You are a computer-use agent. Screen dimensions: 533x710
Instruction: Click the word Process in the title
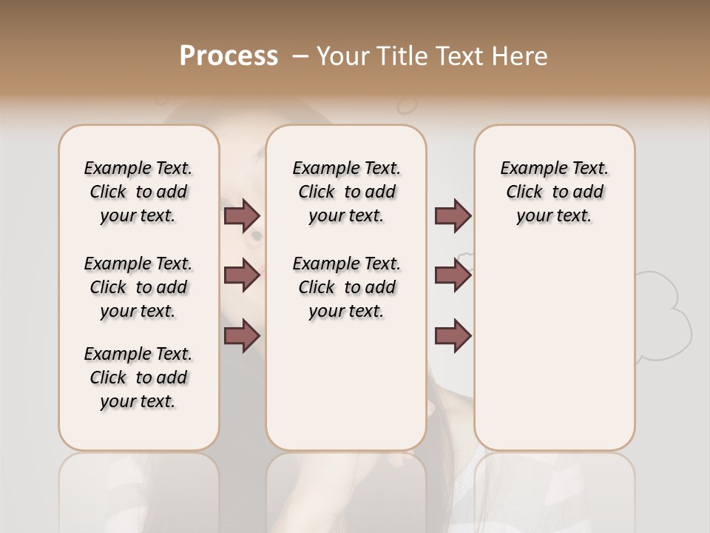click(229, 56)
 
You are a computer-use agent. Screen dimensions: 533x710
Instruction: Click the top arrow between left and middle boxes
click(242, 215)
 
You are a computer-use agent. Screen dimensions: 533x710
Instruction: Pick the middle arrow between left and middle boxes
click(242, 275)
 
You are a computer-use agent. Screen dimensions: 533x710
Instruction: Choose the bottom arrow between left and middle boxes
click(242, 336)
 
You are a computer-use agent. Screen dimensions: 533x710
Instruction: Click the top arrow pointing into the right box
click(453, 215)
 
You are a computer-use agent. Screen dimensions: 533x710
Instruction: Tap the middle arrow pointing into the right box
click(453, 275)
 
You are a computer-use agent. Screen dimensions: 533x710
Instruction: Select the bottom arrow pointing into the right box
click(453, 336)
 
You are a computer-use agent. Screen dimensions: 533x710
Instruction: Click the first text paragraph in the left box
click(138, 192)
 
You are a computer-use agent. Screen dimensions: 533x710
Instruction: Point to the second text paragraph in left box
click(138, 287)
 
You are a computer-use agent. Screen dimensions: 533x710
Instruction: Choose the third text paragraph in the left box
click(138, 378)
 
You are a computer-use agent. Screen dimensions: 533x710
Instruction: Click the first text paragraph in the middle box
click(346, 192)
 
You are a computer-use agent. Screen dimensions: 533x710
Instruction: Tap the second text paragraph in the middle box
click(346, 287)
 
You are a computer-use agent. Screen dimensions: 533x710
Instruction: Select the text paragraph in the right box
click(554, 192)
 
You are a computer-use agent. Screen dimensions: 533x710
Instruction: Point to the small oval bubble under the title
click(407, 106)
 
